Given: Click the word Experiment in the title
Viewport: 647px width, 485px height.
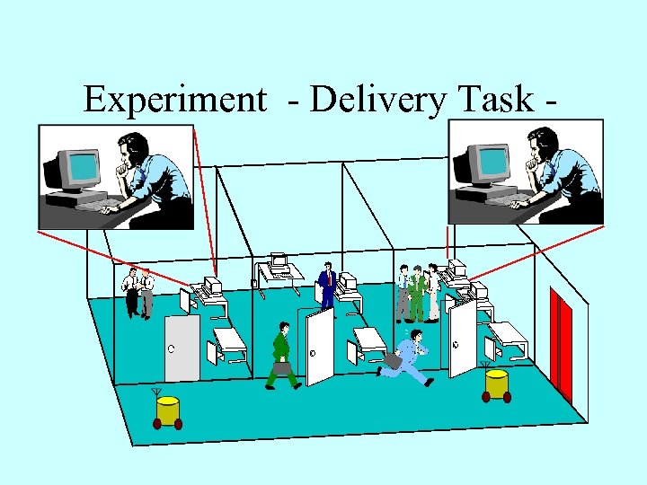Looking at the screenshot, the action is [x=174, y=100].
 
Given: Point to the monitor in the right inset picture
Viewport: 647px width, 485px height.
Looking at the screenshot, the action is [x=484, y=167].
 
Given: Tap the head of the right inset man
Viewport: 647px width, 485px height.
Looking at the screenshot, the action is [x=543, y=145].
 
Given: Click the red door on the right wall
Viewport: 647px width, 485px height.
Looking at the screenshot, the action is [x=563, y=346].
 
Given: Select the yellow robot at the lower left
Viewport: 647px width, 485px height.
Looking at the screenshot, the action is [x=168, y=411].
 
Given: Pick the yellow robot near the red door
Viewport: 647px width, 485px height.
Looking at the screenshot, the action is [x=497, y=384].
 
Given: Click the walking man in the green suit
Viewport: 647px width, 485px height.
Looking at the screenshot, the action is [x=282, y=355].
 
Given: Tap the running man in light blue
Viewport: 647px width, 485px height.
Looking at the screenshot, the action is [x=409, y=357].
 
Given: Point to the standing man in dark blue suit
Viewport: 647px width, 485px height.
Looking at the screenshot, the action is [x=327, y=286].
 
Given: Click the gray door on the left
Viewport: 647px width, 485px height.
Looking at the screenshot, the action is [x=182, y=347].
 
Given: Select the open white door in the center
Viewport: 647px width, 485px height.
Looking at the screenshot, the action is [x=319, y=346].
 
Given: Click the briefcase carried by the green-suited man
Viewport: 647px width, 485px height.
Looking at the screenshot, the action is [x=282, y=367].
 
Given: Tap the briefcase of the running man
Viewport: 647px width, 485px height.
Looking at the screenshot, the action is [x=392, y=362].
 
